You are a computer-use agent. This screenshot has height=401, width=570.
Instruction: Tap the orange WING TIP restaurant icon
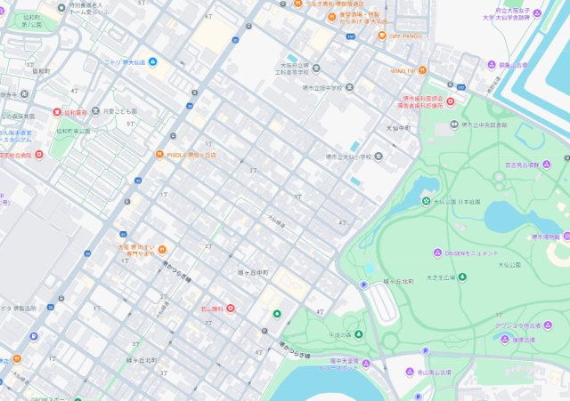click(421, 70)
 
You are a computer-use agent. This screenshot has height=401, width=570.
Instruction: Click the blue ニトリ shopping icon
click(153, 61)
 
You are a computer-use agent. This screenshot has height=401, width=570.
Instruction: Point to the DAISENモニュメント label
click(472, 253)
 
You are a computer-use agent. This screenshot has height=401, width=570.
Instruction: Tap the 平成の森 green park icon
click(359, 334)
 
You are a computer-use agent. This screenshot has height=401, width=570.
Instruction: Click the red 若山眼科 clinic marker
click(231, 309)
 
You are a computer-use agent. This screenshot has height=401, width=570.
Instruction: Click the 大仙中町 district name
click(397, 128)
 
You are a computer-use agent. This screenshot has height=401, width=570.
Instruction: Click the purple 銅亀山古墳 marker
click(491, 65)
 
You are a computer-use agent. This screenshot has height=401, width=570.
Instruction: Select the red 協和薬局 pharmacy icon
click(56, 113)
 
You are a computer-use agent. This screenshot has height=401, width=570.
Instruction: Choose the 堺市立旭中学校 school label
click(322, 87)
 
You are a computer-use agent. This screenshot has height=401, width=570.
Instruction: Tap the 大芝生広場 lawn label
click(440, 277)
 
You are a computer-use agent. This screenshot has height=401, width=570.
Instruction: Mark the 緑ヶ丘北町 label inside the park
click(398, 281)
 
